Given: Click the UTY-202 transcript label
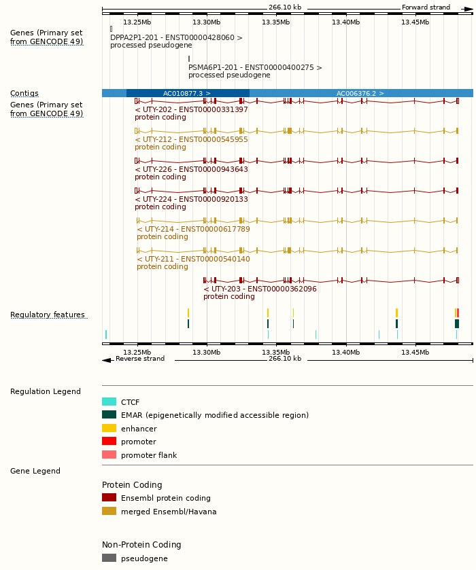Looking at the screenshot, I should [191, 109].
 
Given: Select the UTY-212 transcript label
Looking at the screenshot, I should [191, 139].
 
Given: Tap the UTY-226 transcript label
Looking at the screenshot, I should [191, 169].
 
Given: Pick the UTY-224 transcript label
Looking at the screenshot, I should [191, 199].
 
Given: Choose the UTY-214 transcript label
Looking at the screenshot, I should [193, 229].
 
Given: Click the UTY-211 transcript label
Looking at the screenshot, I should [193, 259].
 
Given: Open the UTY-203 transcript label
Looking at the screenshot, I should [260, 289].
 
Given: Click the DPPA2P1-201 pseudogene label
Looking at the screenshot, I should [176, 38].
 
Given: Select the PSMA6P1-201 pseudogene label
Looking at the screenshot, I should [255, 68].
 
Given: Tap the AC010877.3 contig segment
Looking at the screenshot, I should [187, 93].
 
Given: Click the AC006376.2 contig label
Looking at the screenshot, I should [360, 93].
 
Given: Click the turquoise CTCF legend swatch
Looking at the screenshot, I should [109, 402].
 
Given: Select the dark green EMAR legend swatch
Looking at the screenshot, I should [109, 414].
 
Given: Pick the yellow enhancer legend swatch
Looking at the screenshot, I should [109, 429].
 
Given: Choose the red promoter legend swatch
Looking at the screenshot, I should [109, 442].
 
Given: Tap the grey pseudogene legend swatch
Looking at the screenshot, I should [109, 558].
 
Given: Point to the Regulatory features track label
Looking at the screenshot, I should [48, 315].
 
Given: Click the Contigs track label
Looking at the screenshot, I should [24, 94].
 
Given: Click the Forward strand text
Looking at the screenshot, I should [426, 7].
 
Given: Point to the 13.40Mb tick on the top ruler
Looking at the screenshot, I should [345, 22].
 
